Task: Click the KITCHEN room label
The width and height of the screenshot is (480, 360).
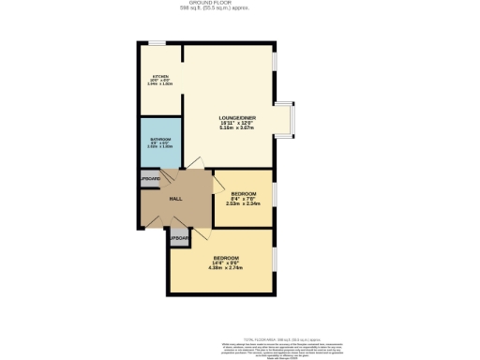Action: pos(160,76)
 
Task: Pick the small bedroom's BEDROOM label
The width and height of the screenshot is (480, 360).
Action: pos(243,193)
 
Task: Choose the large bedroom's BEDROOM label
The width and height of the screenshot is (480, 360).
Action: pos(227,257)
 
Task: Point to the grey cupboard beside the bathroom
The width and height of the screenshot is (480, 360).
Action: pos(151,178)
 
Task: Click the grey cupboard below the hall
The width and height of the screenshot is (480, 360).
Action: pos(179,239)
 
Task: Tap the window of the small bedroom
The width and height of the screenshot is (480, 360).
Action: pos(275,198)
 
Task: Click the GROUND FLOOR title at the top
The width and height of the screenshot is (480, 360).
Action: pos(239,4)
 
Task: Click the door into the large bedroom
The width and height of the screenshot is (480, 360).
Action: pos(201,234)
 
